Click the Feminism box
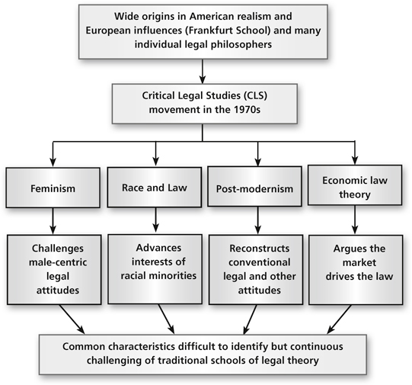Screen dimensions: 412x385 point(53,188)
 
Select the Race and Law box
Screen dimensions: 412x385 point(155,188)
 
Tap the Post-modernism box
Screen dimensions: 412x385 point(254,186)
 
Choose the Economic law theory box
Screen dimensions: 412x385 point(355,185)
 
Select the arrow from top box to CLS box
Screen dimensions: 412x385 point(203,71)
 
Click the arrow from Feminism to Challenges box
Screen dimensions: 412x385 point(53,220)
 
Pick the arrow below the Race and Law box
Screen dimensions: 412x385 point(156,220)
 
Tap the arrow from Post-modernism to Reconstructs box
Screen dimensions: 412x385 point(257,220)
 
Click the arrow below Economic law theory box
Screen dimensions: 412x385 point(355,220)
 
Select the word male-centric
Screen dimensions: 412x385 point(58,262)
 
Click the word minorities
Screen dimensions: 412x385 point(173,276)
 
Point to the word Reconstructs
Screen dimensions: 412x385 point(260,249)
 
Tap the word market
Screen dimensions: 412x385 point(359,262)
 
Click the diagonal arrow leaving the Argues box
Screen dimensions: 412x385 point(339,319)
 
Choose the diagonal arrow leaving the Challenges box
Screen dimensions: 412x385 point(72,319)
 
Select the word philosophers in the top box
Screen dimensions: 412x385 point(241,44)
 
